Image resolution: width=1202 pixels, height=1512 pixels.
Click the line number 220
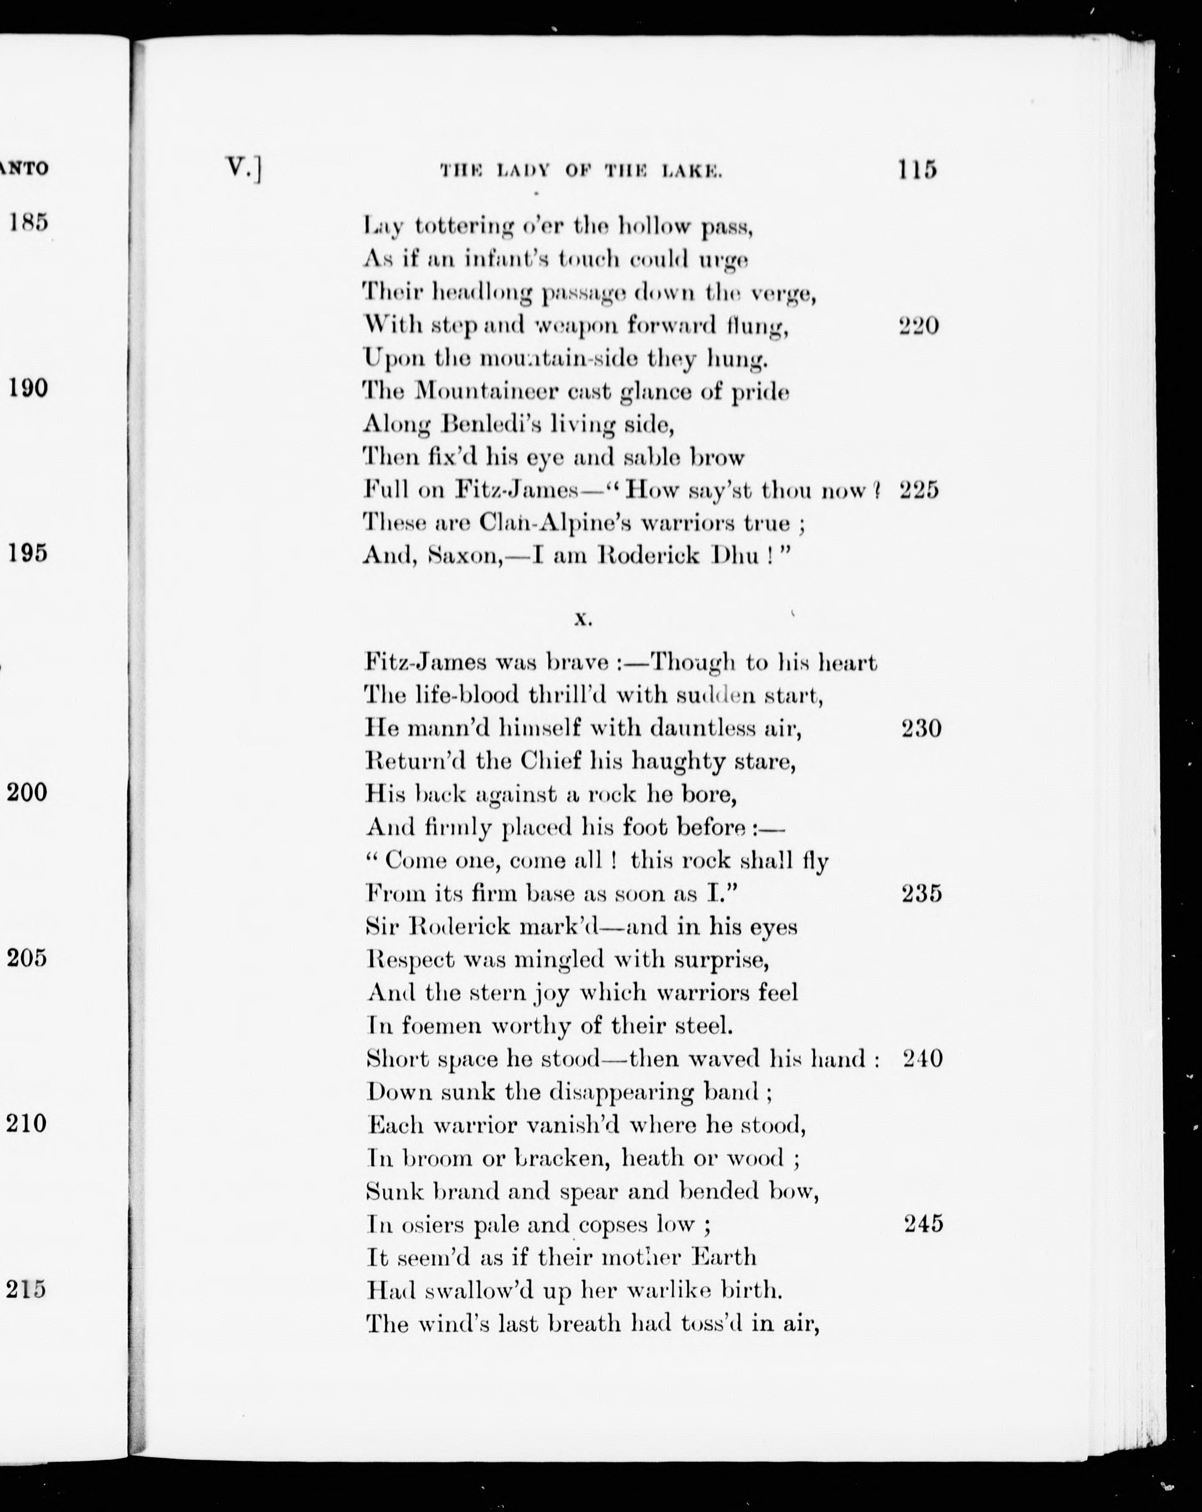[x=919, y=326]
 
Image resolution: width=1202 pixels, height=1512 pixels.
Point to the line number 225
[x=919, y=490]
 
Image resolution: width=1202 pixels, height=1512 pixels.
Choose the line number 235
[x=921, y=894]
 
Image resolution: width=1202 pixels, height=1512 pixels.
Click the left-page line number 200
[x=27, y=793]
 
